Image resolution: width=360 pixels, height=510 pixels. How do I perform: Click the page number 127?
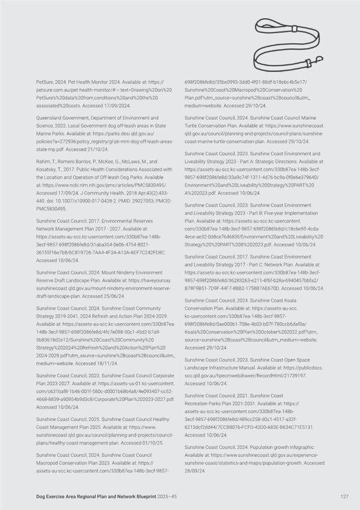(x=344, y=496)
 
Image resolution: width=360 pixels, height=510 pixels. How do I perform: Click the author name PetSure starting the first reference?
(x=46, y=80)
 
